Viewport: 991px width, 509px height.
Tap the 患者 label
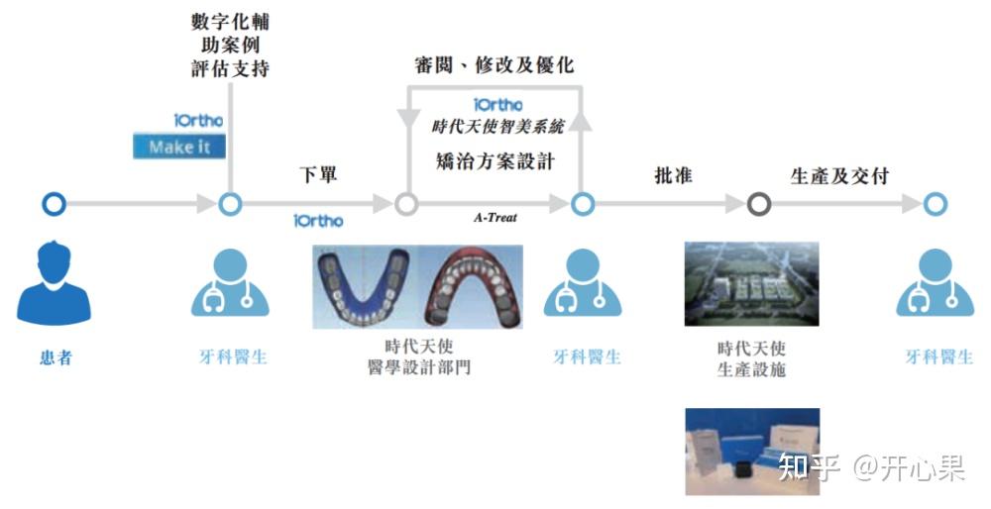[55, 357]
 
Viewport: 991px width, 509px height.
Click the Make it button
[179, 147]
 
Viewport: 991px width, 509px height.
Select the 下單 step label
[318, 174]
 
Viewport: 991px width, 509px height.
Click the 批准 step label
[673, 175]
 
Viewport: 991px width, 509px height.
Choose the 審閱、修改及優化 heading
[494, 65]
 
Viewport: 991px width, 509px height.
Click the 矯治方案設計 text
[495, 160]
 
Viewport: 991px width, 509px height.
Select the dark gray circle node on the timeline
[759, 204]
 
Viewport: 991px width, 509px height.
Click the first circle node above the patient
[55, 204]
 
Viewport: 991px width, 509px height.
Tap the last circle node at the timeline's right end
[935, 204]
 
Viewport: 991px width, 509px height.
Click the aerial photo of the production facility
[751, 283]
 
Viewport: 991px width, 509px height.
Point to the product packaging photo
[751, 451]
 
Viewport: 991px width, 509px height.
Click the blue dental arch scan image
[365, 286]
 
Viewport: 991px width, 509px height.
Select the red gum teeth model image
[470, 286]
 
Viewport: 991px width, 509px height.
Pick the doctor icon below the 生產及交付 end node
[935, 282]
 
